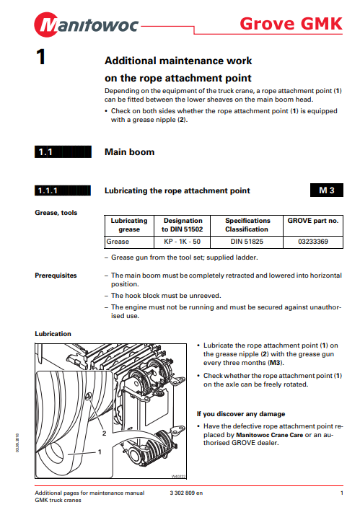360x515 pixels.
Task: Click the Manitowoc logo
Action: point(87,25)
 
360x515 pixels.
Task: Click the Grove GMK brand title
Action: point(291,24)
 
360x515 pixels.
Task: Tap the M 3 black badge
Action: point(327,190)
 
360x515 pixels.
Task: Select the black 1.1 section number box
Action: point(63,152)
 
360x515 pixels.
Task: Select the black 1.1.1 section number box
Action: point(63,190)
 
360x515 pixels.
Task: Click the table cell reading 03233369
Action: point(313,242)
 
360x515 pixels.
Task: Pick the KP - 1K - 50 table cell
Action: point(182,242)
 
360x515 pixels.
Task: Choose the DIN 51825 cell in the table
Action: point(247,242)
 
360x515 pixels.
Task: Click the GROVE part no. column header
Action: point(313,221)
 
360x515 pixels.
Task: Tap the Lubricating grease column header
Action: point(129,225)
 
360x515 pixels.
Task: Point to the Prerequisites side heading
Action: point(56,276)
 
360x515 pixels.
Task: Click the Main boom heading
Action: point(129,152)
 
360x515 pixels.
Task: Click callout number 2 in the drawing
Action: point(104,433)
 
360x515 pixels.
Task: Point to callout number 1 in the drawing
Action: point(100,452)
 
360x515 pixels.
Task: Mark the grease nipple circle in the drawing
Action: point(88,397)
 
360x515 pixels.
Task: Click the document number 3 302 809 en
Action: point(186,493)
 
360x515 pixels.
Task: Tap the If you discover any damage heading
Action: point(241,414)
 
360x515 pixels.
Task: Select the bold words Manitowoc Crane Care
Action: point(269,435)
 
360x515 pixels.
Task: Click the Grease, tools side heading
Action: point(56,213)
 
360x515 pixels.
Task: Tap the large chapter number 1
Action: point(40,57)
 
